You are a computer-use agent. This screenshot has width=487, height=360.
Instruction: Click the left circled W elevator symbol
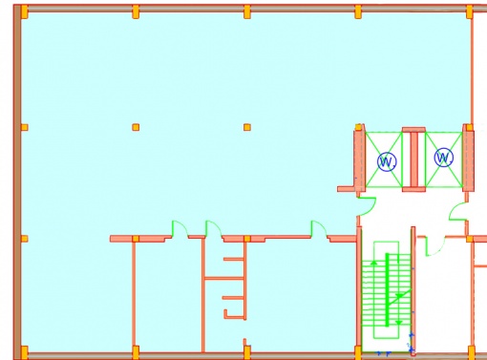pyautogui.click(x=387, y=161)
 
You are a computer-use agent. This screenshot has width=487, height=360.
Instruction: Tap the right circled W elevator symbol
pyautogui.click(x=443, y=158)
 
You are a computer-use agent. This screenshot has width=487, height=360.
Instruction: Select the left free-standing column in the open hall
pyautogui.click(x=136, y=127)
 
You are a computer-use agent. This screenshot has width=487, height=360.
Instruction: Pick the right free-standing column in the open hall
pyautogui.click(x=247, y=127)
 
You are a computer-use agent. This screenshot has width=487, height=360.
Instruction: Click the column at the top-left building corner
pyautogui.click(x=25, y=12)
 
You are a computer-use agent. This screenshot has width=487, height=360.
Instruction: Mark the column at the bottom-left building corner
pyautogui.click(x=25, y=352)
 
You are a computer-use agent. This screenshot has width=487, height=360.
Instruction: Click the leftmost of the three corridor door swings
pyautogui.click(x=180, y=228)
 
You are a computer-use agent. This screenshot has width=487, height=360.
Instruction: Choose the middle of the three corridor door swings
pyautogui.click(x=214, y=228)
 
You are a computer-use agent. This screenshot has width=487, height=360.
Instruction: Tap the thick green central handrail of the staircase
pyautogui.click(x=387, y=289)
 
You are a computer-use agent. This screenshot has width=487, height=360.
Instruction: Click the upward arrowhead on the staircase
pyautogui.click(x=374, y=263)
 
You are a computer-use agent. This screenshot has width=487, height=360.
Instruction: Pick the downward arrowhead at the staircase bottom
pyautogui.click(x=399, y=323)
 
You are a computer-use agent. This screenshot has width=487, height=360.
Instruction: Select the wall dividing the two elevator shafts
pyautogui.click(x=413, y=159)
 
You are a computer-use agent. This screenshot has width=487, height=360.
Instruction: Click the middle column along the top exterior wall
pyautogui.click(x=247, y=12)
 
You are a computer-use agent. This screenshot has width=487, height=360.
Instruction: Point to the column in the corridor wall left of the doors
pyautogui.click(x=136, y=239)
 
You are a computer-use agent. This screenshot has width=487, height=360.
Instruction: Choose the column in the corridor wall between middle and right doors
pyautogui.click(x=247, y=239)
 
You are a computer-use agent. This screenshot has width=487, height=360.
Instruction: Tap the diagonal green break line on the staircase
pyautogui.click(x=399, y=298)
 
